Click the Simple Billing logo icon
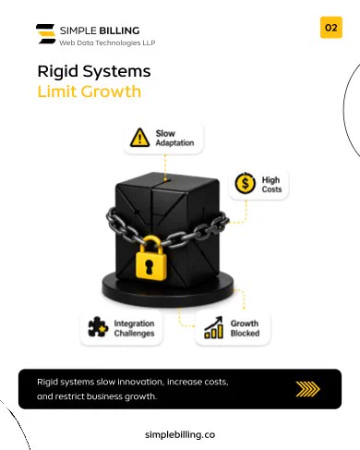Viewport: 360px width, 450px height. click(46, 34)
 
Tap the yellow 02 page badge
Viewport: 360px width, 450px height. click(331, 28)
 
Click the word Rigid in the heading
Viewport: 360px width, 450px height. click(58, 72)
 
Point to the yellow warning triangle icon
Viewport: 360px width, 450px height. click(139, 138)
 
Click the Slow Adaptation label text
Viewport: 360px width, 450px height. click(174, 138)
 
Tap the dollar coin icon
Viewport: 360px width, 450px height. click(245, 183)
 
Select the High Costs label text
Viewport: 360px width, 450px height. click(271, 184)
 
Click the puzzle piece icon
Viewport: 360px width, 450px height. click(98, 327)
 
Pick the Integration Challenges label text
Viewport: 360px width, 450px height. click(134, 328)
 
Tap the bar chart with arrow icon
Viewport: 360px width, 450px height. click(213, 327)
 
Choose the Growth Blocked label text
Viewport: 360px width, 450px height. click(245, 328)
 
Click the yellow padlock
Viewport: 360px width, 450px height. click(151, 259)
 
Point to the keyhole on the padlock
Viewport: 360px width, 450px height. click(150, 266)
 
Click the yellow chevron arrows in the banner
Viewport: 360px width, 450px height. click(307, 389)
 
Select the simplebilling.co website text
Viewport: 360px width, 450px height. click(180, 434)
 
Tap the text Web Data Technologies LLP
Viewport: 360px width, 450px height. click(107, 43)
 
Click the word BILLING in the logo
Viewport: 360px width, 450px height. click(119, 30)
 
